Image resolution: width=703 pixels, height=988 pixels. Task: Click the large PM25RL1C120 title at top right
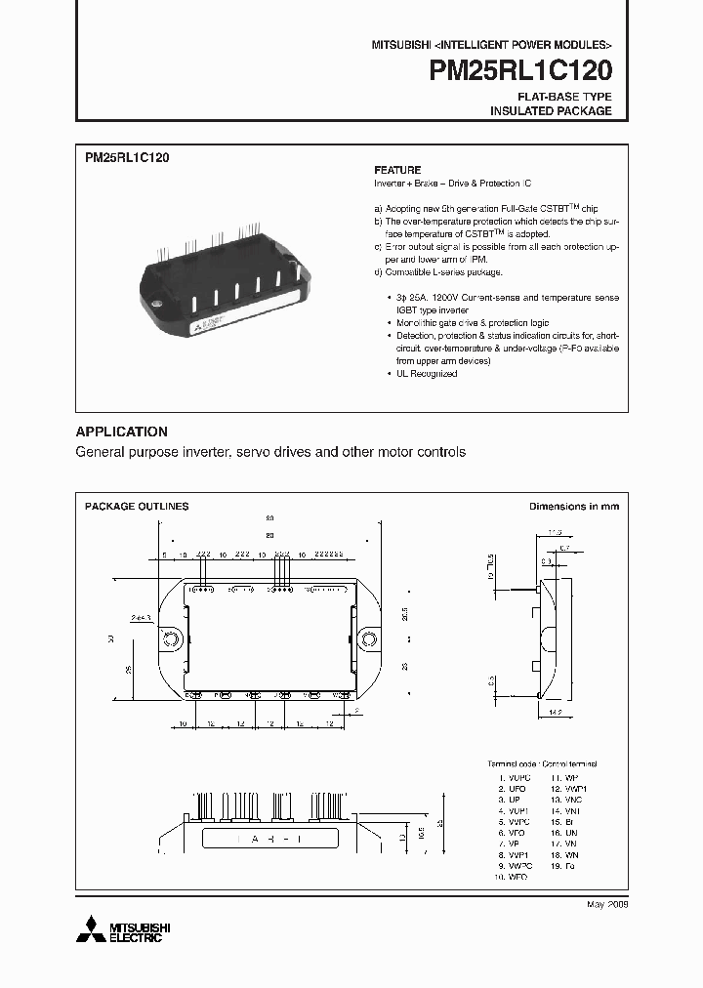[521, 70]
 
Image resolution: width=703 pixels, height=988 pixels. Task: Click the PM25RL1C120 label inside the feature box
[127, 157]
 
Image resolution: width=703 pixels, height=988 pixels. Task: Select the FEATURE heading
[397, 170]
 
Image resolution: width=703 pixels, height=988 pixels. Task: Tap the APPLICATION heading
[122, 432]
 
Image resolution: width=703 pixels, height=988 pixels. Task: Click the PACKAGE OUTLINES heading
[137, 507]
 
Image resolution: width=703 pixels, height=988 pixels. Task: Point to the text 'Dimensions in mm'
[573, 507]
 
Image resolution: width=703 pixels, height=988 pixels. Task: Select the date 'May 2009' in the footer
[606, 905]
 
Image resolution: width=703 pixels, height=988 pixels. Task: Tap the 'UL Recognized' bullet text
[426, 374]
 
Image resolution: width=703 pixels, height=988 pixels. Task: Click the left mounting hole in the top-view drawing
[170, 639]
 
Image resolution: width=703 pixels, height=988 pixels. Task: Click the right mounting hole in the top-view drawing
[370, 639]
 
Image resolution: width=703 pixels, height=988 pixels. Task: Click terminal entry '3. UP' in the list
[512, 799]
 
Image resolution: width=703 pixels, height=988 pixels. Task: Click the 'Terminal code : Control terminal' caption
[542, 763]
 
